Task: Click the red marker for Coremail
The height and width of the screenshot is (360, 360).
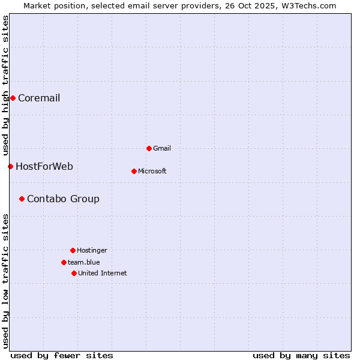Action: coord(13,98)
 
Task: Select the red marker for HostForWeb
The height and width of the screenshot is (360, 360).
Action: coord(10,166)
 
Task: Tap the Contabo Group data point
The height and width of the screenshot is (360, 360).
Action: coord(22,199)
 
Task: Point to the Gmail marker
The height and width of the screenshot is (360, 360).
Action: coord(149,148)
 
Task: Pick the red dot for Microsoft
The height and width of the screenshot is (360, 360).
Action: coord(134,171)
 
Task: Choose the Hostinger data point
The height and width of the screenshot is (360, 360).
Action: coord(73,250)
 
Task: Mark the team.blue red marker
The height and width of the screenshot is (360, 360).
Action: coord(64,262)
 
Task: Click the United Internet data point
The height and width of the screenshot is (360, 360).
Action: coord(74,273)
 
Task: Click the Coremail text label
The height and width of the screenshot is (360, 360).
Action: coord(39,98)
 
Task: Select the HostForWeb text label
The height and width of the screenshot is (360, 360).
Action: coord(44,167)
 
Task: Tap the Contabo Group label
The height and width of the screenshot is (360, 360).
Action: coord(63,199)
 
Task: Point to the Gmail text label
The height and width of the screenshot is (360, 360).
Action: coord(162,149)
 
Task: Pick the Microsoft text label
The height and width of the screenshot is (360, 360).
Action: coord(152,172)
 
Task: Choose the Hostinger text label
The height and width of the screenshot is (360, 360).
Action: coord(92,251)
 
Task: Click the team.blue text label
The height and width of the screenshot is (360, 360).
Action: coord(84,263)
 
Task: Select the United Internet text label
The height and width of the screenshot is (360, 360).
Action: coord(103,274)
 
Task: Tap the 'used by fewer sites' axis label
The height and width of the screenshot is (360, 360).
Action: coord(62,355)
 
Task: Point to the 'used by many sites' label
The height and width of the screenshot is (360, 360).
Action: coord(301,355)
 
